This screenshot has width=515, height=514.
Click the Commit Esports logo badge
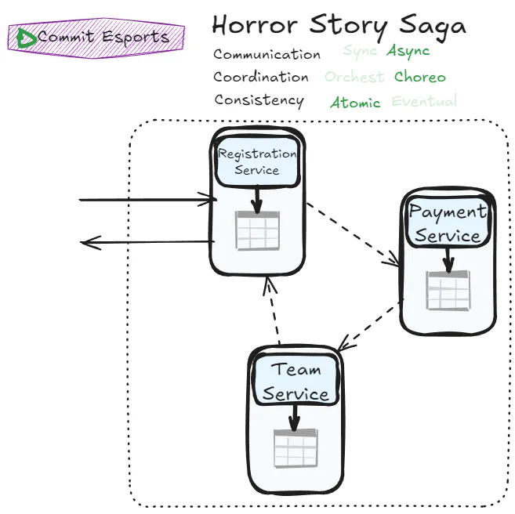pyautogui.click(x=96, y=38)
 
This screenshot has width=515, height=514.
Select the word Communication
pyautogui.click(x=267, y=55)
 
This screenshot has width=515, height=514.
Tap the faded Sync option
pyautogui.click(x=360, y=52)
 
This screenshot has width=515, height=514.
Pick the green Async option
pyautogui.click(x=408, y=52)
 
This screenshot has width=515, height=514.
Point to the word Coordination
pyautogui.click(x=261, y=77)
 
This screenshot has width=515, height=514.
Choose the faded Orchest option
pyautogui.click(x=354, y=77)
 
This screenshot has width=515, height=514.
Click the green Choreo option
pyautogui.click(x=419, y=77)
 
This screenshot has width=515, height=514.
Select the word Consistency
pyautogui.click(x=259, y=100)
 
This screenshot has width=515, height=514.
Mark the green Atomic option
pyautogui.click(x=355, y=103)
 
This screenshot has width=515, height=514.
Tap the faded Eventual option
pyautogui.click(x=423, y=101)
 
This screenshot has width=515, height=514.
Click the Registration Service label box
pyautogui.click(x=257, y=162)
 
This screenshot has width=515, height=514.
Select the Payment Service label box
pyautogui.click(x=448, y=223)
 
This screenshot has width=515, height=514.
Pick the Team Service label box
pyautogui.click(x=296, y=382)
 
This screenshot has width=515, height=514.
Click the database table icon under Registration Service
pyautogui.click(x=258, y=230)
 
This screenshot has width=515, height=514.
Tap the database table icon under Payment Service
pyautogui.click(x=448, y=290)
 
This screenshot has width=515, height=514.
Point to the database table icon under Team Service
pyautogui.click(x=295, y=448)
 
